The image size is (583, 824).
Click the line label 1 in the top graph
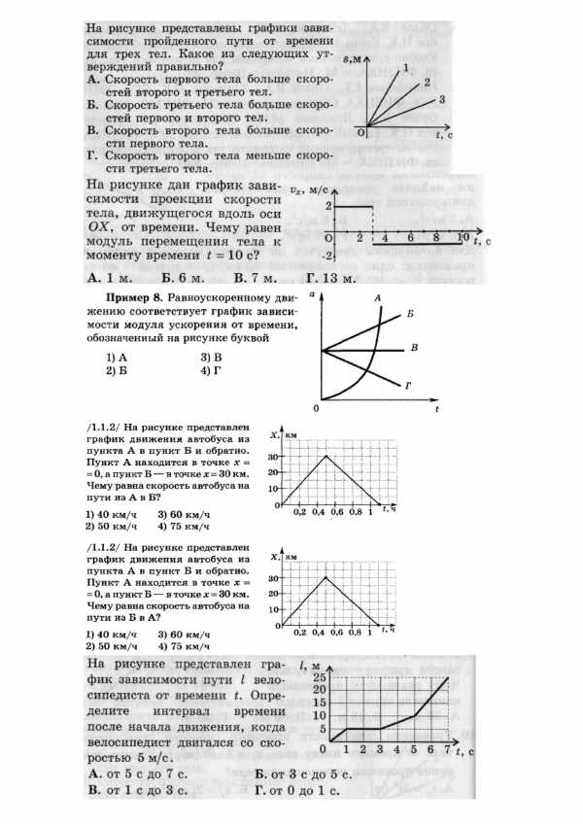[x=405, y=66]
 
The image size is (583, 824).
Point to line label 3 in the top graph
[x=442, y=100]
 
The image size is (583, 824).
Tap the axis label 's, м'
[x=365, y=60]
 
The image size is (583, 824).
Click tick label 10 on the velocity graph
[x=462, y=238]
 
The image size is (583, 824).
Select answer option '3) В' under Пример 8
[x=212, y=357]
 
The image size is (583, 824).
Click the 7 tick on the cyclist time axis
[x=448, y=750]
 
